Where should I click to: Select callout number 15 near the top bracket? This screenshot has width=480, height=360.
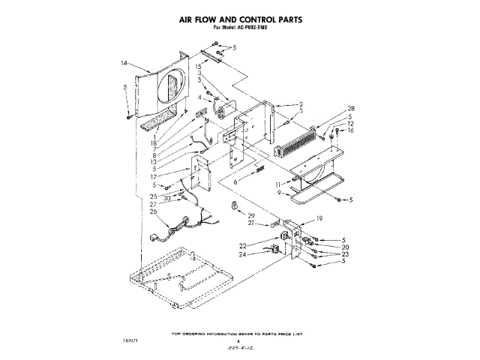[199, 67]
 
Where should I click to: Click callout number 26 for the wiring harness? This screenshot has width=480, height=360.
[154, 211]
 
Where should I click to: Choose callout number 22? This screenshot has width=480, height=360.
[243, 246]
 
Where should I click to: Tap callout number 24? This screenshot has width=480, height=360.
[243, 255]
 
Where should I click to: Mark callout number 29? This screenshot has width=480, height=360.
[250, 215]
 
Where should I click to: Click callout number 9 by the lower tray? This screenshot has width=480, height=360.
[280, 193]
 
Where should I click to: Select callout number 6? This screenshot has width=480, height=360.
[235, 181]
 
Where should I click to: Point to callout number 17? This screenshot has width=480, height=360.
[154, 177]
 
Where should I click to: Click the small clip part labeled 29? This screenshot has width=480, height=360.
[233, 206]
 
